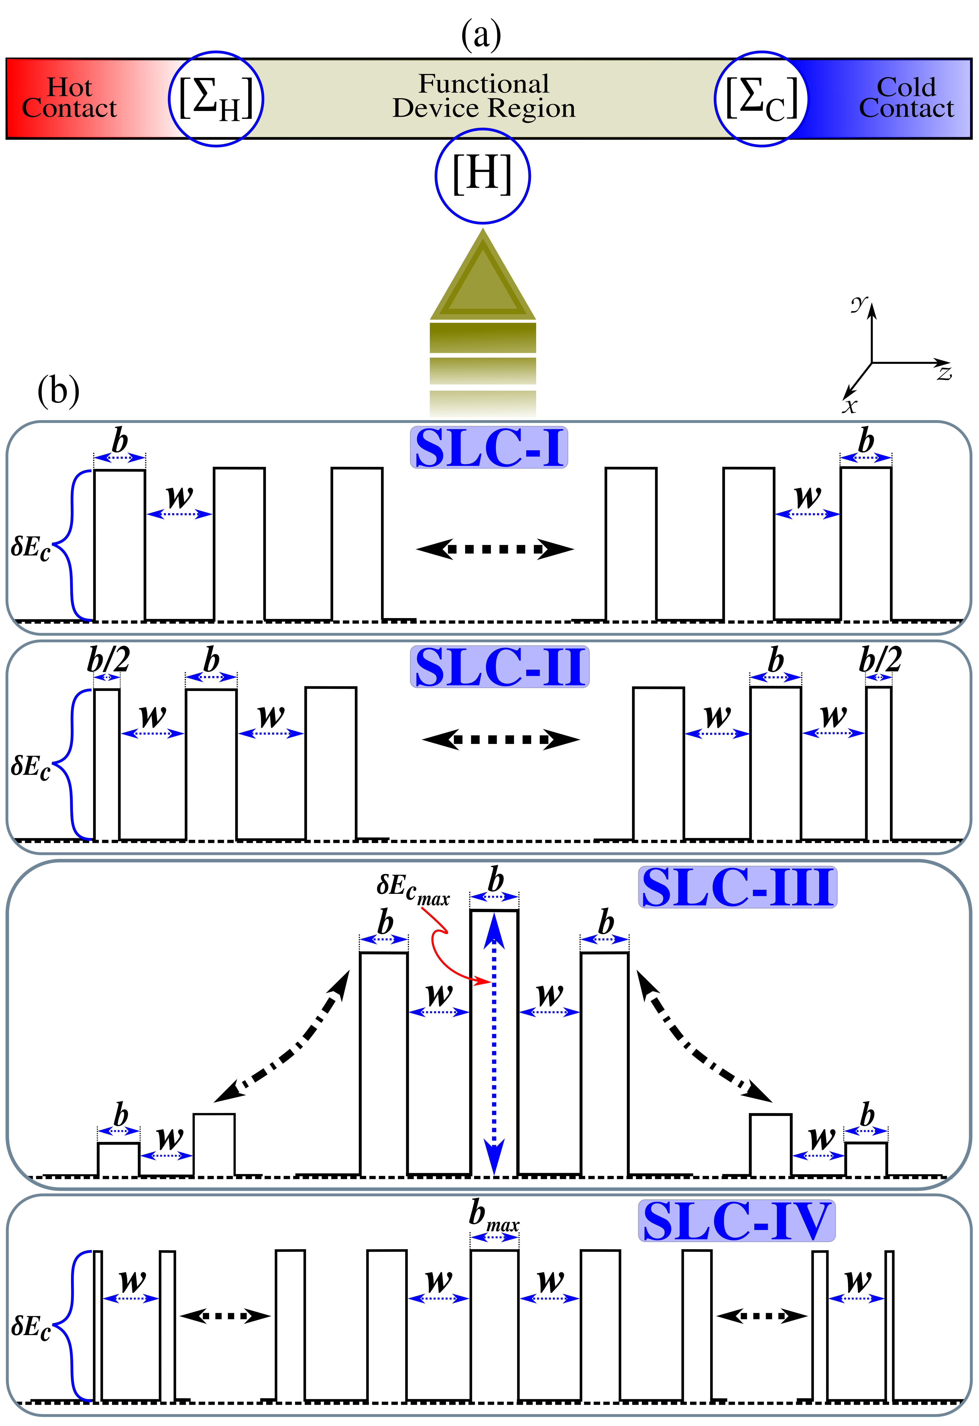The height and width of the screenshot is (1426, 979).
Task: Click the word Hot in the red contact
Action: point(69,87)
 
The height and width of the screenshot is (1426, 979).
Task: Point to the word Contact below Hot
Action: point(69,109)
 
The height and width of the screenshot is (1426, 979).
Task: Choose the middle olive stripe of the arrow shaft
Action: point(483,371)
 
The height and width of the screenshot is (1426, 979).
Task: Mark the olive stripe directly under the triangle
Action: point(483,338)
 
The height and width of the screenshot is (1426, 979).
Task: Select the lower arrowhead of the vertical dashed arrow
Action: point(494,1157)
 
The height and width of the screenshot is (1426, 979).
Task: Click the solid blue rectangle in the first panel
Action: point(489,447)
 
